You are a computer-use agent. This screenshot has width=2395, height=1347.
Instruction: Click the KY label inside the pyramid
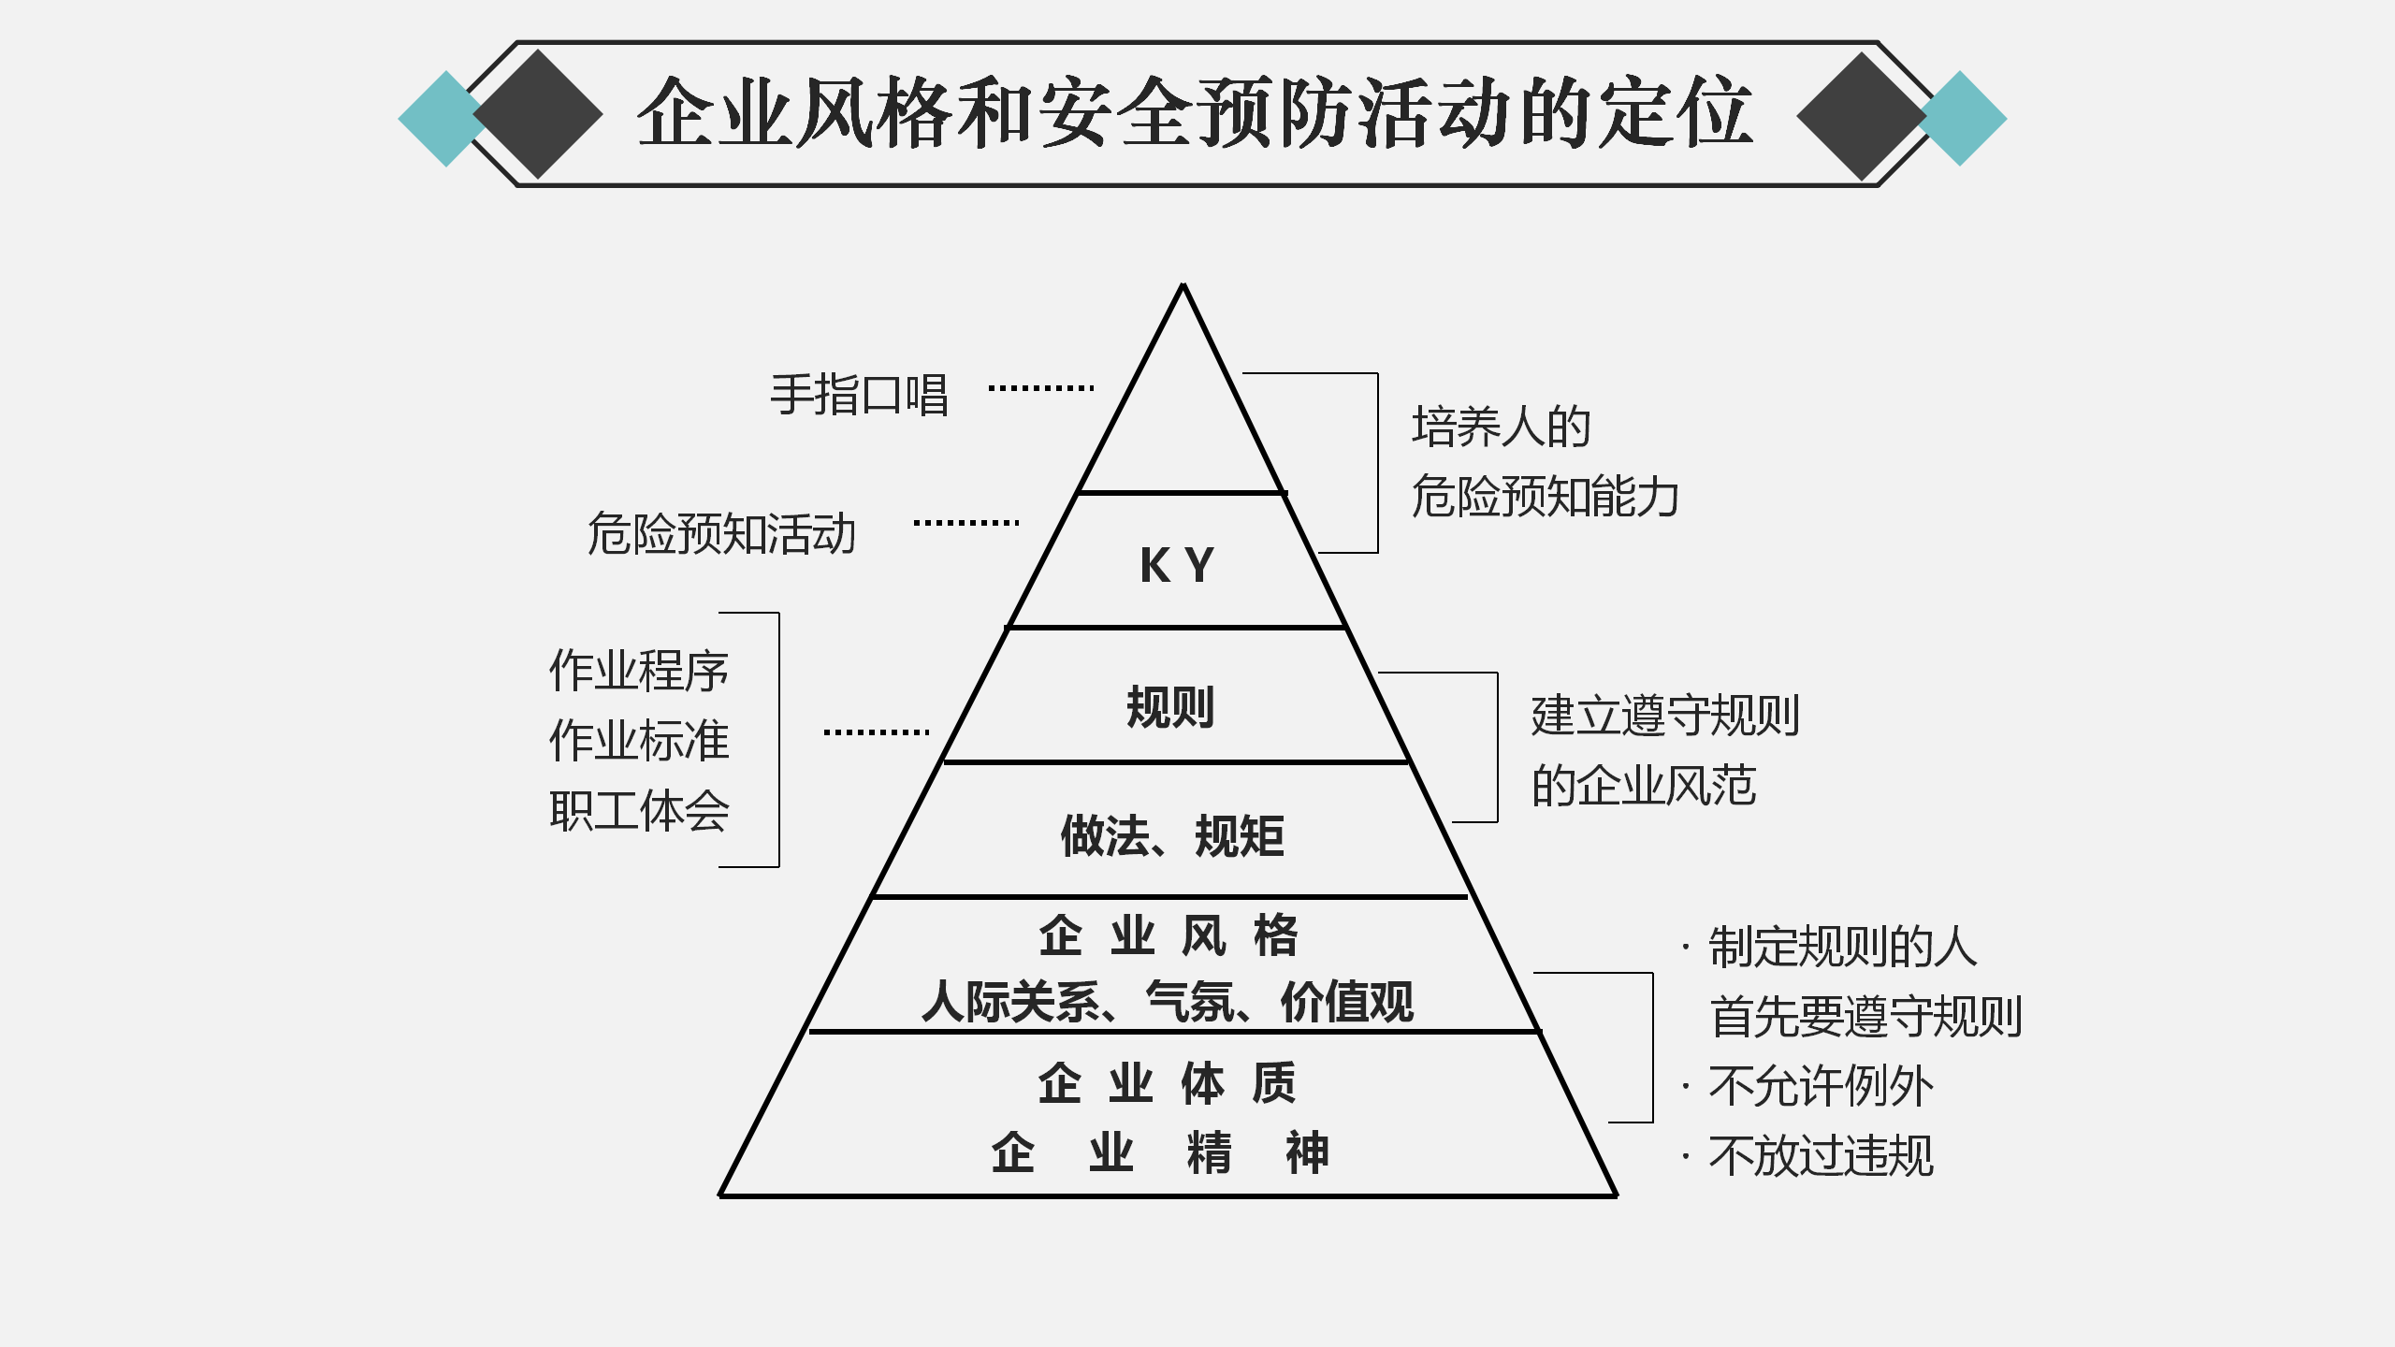pyautogui.click(x=1177, y=565)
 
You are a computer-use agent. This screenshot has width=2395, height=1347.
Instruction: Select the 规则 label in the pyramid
pyautogui.click(x=1170, y=706)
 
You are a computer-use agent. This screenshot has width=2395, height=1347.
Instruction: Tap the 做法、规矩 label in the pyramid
pyautogui.click(x=1172, y=835)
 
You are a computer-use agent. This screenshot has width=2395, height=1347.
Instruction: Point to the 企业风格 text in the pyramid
pyautogui.click(x=1168, y=935)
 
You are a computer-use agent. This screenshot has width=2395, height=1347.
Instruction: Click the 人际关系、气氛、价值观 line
pyautogui.click(x=1168, y=1002)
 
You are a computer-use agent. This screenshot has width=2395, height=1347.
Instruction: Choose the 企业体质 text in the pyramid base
pyautogui.click(x=1168, y=1083)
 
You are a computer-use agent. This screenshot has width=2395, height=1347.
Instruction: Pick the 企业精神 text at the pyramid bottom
pyautogui.click(x=1160, y=1152)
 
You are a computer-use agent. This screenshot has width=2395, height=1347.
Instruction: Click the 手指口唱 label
pyautogui.click(x=859, y=395)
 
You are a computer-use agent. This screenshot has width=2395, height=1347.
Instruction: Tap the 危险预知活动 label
pyautogui.click(x=721, y=533)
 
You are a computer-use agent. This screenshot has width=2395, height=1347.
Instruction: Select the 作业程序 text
pyautogui.click(x=639, y=671)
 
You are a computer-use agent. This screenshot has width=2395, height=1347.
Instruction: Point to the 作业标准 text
pyautogui.click(x=639, y=740)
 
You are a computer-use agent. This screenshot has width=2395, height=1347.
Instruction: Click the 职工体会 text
pyautogui.click(x=639, y=810)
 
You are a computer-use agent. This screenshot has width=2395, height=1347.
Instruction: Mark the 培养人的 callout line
pyautogui.click(x=1501, y=427)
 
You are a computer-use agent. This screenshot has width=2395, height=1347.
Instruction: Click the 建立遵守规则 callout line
pyautogui.click(x=1665, y=716)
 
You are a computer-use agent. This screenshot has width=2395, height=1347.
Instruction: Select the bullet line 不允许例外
pyautogui.click(x=1820, y=1086)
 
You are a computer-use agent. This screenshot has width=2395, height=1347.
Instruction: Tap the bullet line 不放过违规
pyautogui.click(x=1820, y=1156)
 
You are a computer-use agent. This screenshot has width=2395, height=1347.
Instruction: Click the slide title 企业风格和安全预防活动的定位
pyautogui.click(x=1195, y=113)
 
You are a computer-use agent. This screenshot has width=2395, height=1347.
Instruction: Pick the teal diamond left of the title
pyautogui.click(x=440, y=119)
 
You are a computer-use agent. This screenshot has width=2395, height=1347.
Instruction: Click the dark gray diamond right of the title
pyautogui.click(x=1861, y=116)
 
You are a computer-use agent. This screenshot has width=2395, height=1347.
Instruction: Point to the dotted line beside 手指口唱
pyautogui.click(x=1041, y=387)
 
